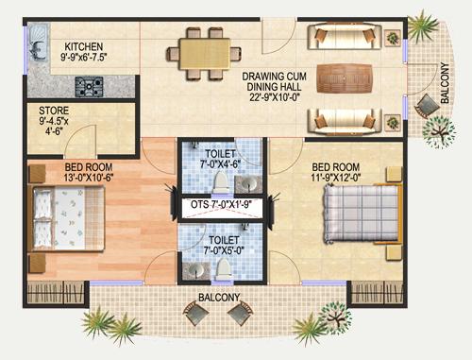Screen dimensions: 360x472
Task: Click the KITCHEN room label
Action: click(83, 45)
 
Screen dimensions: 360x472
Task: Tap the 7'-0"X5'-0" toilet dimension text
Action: click(223, 249)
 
